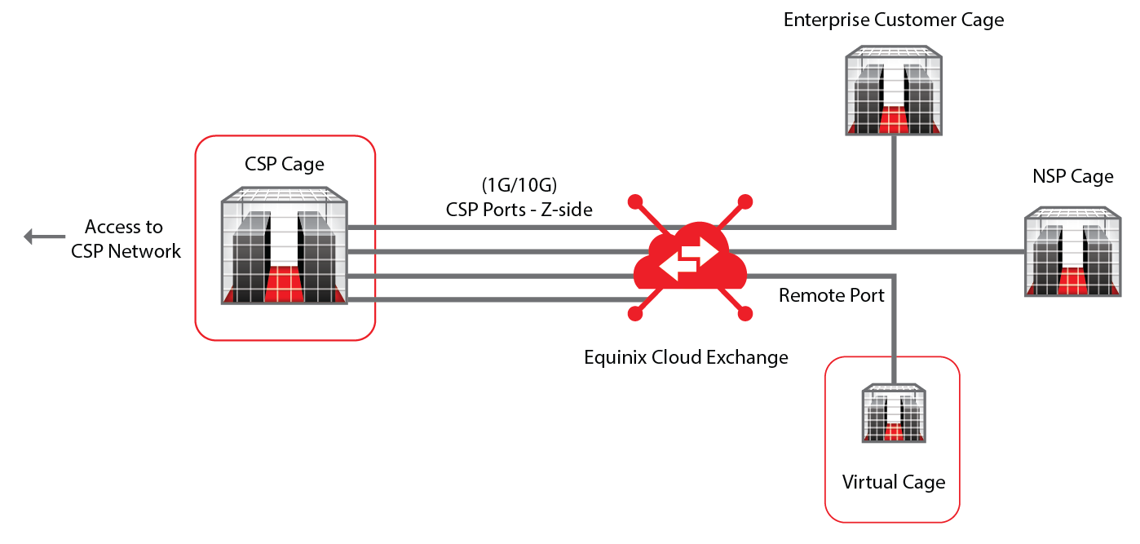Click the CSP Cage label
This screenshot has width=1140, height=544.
click(x=285, y=165)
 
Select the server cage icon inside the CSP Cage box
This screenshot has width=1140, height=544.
click(x=285, y=247)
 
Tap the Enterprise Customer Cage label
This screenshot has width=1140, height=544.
click(x=894, y=20)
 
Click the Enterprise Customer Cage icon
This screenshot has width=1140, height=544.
click(x=894, y=90)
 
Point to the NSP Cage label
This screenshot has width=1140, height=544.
click(x=1072, y=177)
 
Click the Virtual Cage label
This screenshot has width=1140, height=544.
click(x=894, y=482)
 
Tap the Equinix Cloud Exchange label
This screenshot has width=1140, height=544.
click(x=687, y=357)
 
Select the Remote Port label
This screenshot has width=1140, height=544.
click(x=831, y=295)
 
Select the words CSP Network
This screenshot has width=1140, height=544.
click(x=126, y=251)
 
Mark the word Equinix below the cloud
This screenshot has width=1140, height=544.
click(x=614, y=357)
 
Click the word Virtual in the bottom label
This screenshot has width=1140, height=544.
click(x=869, y=482)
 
